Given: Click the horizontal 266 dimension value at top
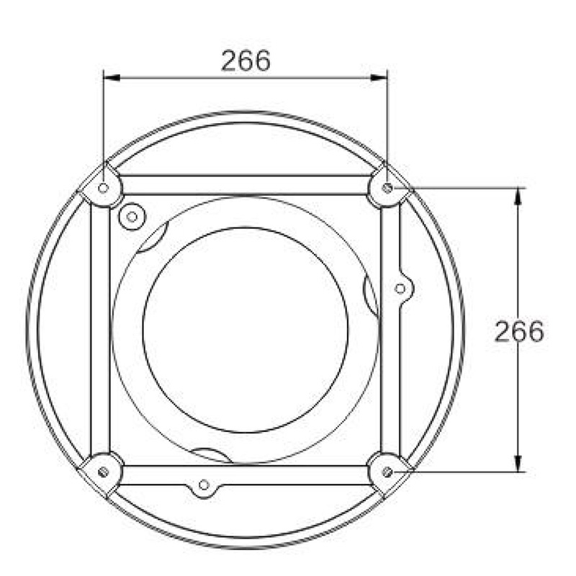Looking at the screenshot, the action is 246,60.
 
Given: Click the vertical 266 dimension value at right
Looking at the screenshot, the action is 518,332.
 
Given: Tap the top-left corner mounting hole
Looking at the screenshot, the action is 104,188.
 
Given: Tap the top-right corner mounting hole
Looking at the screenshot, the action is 387,188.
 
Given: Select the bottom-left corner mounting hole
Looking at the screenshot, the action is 104,472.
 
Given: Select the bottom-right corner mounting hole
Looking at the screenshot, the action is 387,472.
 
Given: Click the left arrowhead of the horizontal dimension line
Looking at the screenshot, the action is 112,78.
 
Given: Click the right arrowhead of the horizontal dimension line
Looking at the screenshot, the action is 379,78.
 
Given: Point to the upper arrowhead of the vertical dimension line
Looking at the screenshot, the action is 518,196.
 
